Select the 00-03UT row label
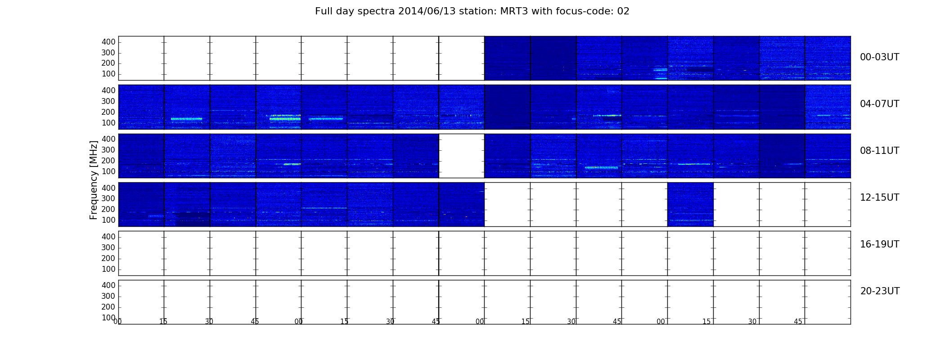(879, 57)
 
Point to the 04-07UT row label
(879, 104)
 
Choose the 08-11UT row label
(879, 151)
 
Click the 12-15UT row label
(879, 198)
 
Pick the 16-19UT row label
(879, 244)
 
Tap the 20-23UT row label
(880, 291)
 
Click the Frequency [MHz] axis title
(94, 180)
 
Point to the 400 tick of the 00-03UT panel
(108, 42)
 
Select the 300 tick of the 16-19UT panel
(108, 247)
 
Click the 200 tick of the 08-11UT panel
(108, 161)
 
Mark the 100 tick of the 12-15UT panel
(108, 220)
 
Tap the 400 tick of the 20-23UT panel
(108, 285)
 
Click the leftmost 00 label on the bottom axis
(117, 321)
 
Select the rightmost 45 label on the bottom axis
(798, 321)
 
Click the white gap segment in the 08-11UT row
(462, 156)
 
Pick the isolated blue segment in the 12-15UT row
(690, 204)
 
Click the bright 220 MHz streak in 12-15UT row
(324, 208)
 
